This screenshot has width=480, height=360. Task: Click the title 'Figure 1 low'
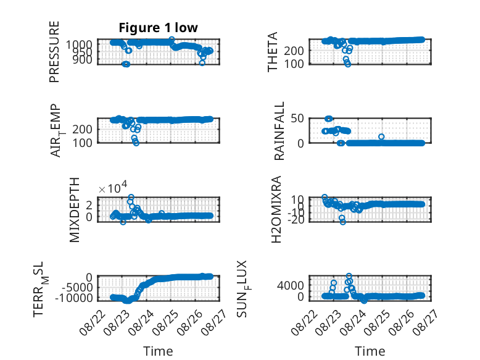tap(159, 28)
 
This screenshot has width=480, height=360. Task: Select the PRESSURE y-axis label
tap(54, 52)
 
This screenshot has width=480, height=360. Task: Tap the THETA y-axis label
tap(272, 52)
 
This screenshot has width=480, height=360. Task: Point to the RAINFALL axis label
tap(279, 131)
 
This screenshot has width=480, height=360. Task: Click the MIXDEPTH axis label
tap(75, 210)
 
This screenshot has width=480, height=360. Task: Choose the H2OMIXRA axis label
tap(276, 209)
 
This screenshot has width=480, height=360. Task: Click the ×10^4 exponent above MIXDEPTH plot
tap(113, 188)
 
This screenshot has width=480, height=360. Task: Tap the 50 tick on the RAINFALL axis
tap(297, 119)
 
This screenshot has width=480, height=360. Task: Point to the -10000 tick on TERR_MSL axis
tap(74, 298)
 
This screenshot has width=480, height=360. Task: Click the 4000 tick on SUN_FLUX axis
tap(290, 285)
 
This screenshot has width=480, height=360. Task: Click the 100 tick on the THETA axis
tap(294, 64)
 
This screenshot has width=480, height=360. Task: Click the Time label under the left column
tap(159, 351)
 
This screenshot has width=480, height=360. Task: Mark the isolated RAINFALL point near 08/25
tap(381, 136)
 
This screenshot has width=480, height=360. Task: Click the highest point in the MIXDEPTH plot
tap(131, 197)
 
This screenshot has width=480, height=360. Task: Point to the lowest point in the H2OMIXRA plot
tap(343, 222)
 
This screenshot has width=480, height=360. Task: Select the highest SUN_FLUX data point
tap(349, 276)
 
